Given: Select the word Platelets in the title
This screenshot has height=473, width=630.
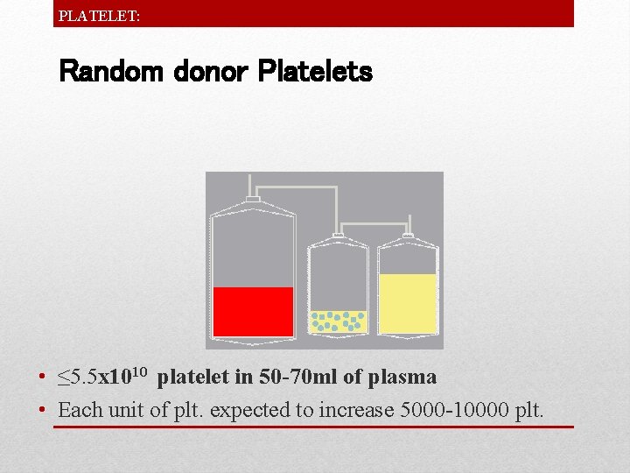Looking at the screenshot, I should (315, 72).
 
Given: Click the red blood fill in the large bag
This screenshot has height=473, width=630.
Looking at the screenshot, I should (253, 311).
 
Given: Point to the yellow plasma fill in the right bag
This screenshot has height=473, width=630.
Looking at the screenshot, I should (408, 303).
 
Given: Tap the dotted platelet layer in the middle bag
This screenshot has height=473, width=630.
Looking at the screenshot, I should (339, 321).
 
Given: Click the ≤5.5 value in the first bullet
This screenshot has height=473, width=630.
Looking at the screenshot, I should (77, 378).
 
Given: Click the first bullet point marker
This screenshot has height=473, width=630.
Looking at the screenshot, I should (42, 378).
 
